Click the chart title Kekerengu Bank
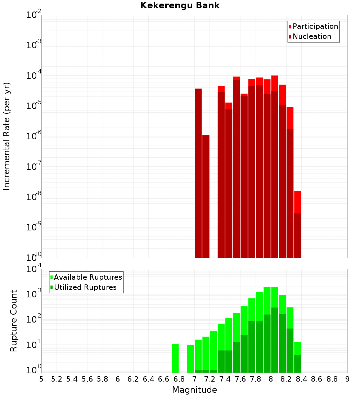pyautogui.click(x=180, y=6)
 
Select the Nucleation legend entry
pyautogui.click(x=312, y=36)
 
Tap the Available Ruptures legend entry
pyautogui.click(x=88, y=277)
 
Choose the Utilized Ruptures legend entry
pyautogui.click(x=85, y=287)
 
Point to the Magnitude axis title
pyautogui.click(x=194, y=390)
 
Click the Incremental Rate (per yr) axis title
pyautogui.click(x=7, y=136)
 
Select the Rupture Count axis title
pyautogui.click(x=14, y=321)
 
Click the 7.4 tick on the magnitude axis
pyautogui.click(x=225, y=379)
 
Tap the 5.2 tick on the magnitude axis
pyautogui.click(x=57, y=379)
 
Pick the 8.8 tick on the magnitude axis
pyautogui.click(x=332, y=379)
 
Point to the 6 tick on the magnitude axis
pyautogui.click(x=118, y=379)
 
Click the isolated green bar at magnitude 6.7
pyautogui.click(x=175, y=358)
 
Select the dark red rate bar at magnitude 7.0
pyautogui.click(x=198, y=173)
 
